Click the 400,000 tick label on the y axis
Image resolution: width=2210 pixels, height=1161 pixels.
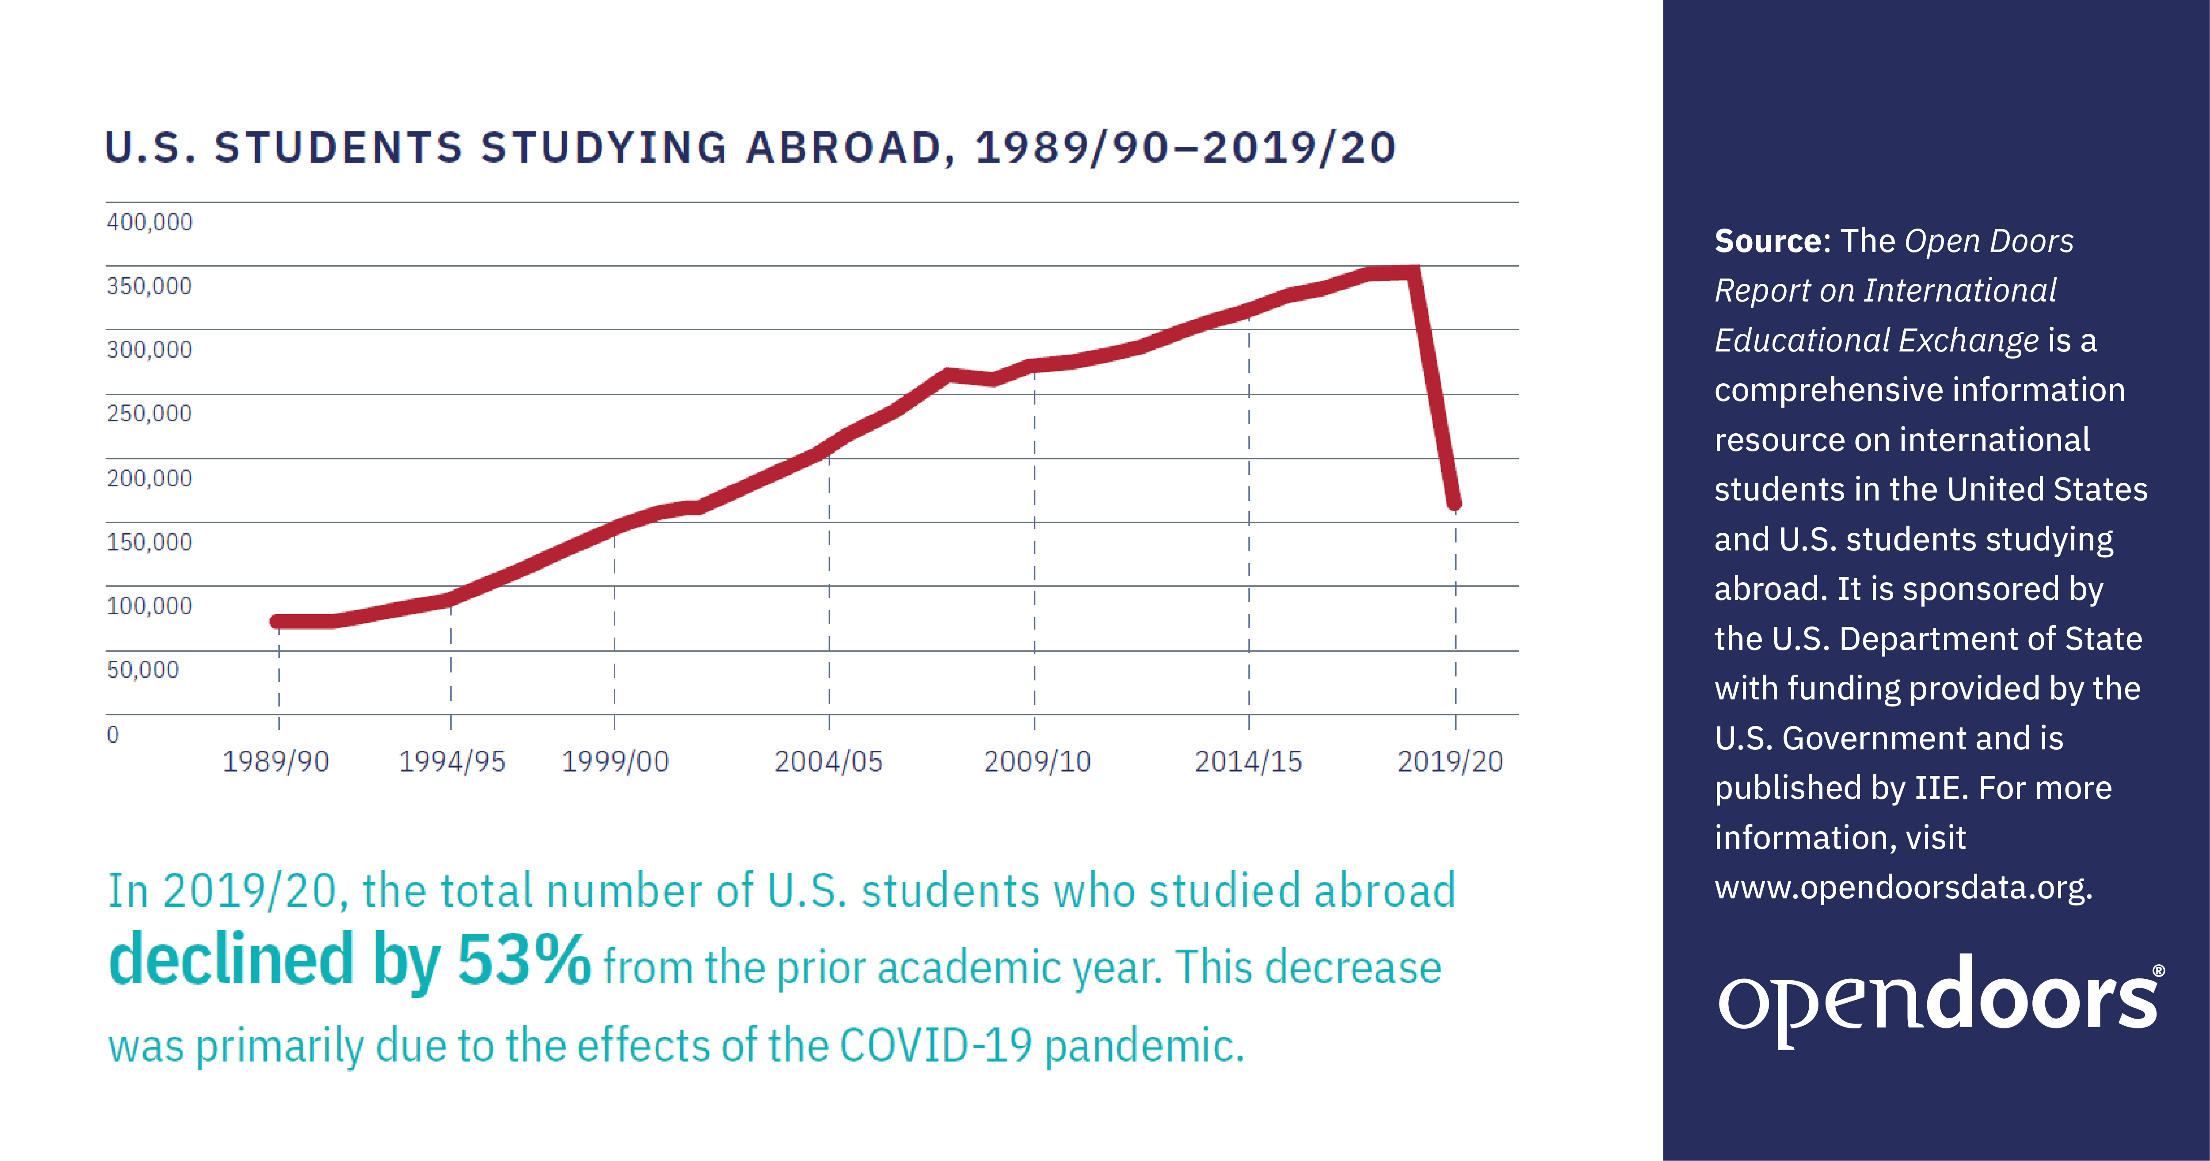click(149, 222)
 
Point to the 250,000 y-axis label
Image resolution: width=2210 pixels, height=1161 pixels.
click(149, 414)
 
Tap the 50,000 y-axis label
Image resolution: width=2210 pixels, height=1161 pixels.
click(142, 669)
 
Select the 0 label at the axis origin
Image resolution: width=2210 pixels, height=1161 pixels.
click(112, 734)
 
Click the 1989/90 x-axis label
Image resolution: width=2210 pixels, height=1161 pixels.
click(275, 762)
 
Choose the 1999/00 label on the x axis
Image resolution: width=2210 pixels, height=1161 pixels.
click(614, 762)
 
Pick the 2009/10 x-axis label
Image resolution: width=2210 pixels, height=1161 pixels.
click(1036, 762)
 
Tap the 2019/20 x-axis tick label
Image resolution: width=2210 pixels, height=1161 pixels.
click(1450, 762)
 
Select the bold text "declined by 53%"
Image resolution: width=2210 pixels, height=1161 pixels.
click(349, 961)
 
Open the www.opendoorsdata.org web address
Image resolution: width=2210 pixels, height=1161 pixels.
click(1903, 886)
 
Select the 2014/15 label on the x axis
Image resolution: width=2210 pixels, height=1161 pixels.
click(1248, 762)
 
